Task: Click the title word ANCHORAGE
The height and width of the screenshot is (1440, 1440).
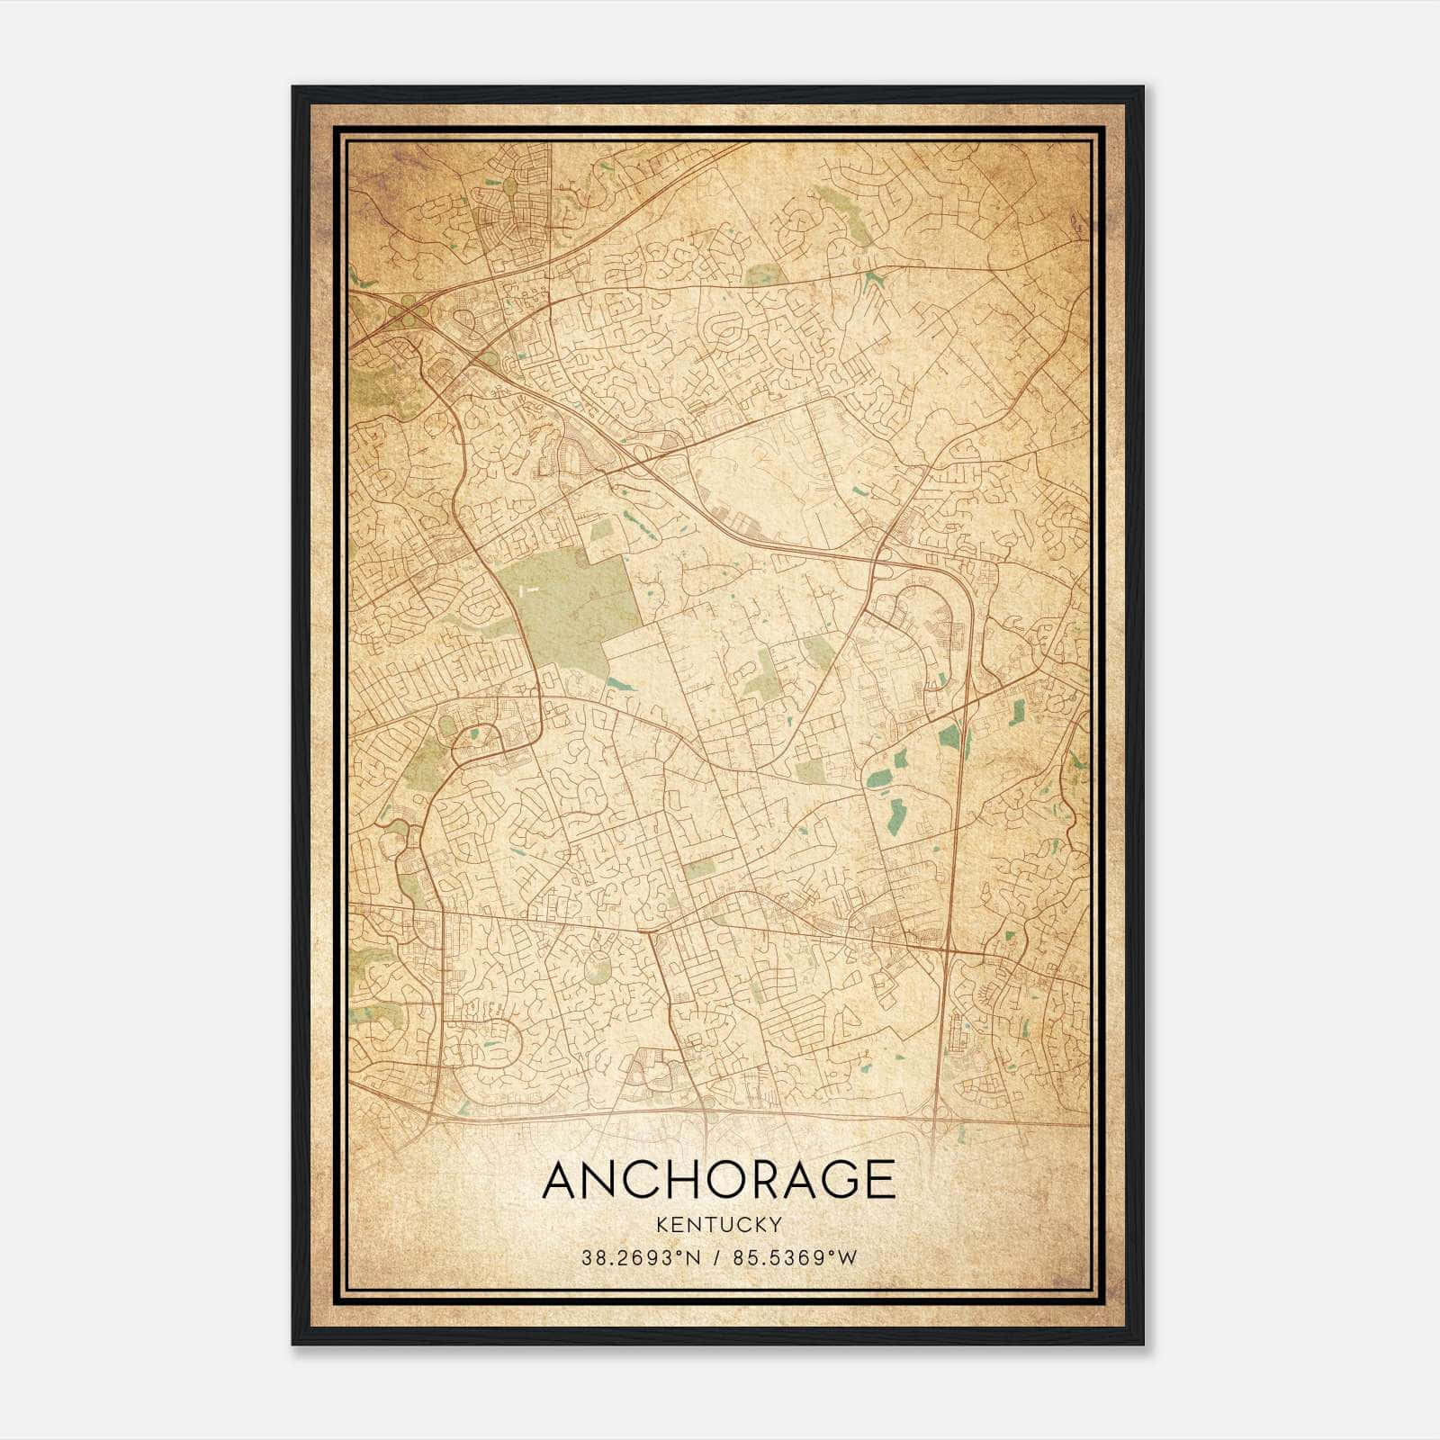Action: click(718, 1180)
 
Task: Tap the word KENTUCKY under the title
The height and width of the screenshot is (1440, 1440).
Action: click(718, 1224)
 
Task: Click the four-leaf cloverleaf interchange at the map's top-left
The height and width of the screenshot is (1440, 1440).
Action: click(409, 317)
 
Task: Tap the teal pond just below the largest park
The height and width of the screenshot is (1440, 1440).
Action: click(619, 685)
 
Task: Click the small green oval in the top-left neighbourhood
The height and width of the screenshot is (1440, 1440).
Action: click(509, 186)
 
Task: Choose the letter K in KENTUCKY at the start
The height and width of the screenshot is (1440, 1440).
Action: click(661, 1224)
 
